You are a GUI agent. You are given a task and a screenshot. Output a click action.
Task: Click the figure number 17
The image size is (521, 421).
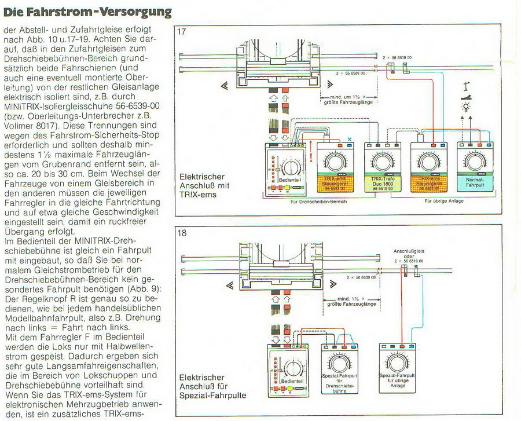[184, 32]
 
